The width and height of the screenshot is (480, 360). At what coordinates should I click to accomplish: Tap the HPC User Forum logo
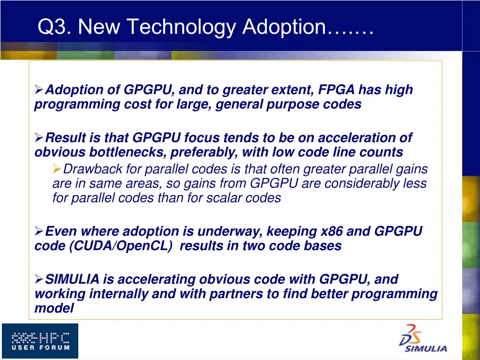click(x=40, y=341)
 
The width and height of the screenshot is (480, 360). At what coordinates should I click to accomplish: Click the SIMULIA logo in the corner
click(x=422, y=338)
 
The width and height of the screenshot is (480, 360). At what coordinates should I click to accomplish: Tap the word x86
click(x=334, y=231)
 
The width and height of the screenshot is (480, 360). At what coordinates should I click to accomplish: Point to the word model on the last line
click(x=54, y=308)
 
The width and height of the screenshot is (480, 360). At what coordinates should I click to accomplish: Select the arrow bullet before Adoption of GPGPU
click(x=39, y=90)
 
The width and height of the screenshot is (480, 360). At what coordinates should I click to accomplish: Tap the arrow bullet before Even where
click(x=39, y=231)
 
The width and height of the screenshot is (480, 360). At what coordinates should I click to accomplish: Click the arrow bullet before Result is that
click(x=39, y=138)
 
